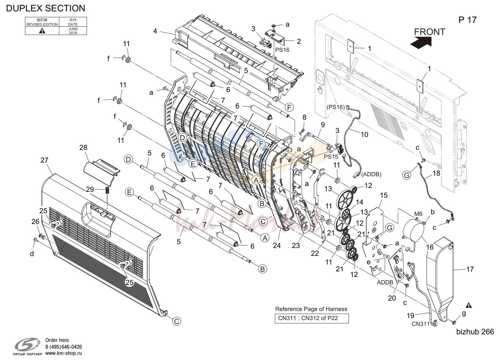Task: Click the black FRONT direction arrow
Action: click(x=421, y=43)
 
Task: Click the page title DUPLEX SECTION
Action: click(x=45, y=8)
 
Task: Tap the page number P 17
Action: click(x=468, y=20)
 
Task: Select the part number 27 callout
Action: click(x=45, y=160)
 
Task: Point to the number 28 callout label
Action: click(x=83, y=147)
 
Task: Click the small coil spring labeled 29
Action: click(x=107, y=191)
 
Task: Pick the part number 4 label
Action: click(x=155, y=31)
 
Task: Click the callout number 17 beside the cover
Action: click(x=470, y=269)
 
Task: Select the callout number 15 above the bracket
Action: click(x=384, y=195)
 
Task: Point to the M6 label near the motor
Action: click(x=418, y=214)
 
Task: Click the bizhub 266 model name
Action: click(x=475, y=332)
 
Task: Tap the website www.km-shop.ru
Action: click(x=64, y=353)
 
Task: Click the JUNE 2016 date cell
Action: click(x=73, y=31)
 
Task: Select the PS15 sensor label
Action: click(x=331, y=157)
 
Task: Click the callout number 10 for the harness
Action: click(x=364, y=134)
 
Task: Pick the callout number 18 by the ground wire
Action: click(x=436, y=173)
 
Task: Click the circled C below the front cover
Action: click(x=176, y=321)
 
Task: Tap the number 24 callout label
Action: click(x=277, y=246)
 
